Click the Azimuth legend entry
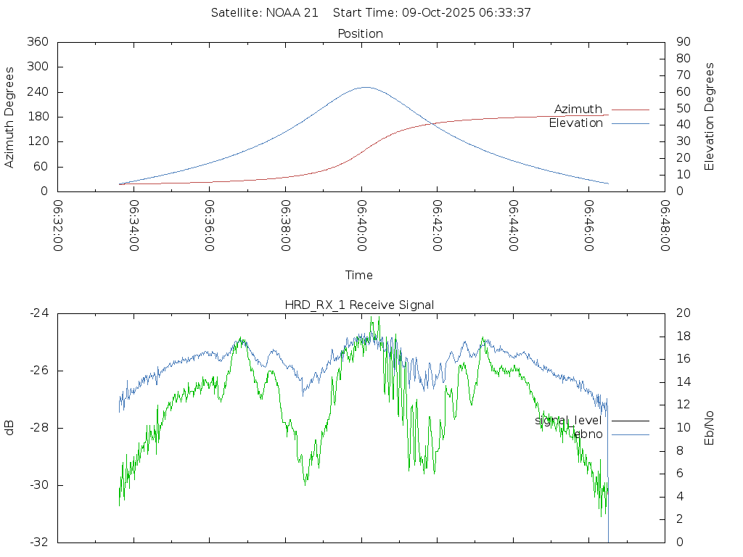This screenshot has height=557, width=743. point(578,110)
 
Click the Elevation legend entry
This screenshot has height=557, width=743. point(576,123)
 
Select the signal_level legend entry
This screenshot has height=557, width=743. point(569,421)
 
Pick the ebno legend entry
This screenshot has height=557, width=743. point(588,434)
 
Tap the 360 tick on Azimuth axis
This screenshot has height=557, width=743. point(37,42)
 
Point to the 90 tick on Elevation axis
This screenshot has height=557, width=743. point(682,42)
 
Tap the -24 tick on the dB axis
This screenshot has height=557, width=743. point(38,313)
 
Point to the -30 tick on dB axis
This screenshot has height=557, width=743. point(38,485)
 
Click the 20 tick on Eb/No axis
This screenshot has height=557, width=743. point(682,313)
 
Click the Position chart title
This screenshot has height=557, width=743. point(361,33)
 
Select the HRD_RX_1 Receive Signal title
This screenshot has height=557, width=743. point(360,305)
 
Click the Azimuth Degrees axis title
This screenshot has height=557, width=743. point(10,117)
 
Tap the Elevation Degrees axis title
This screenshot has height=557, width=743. point(710,117)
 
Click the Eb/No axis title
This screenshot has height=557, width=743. point(710,428)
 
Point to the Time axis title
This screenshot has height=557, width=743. point(359,276)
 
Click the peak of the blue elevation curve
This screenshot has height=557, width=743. point(365,87)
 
